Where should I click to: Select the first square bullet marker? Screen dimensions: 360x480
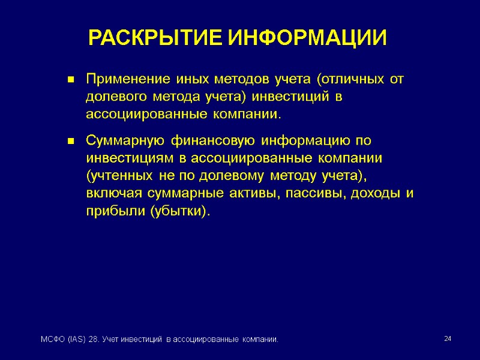pos(70,80)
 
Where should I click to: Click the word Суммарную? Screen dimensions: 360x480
pos(125,142)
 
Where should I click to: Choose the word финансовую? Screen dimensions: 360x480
pos(212,142)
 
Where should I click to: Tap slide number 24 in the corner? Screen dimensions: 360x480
pos(447,340)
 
